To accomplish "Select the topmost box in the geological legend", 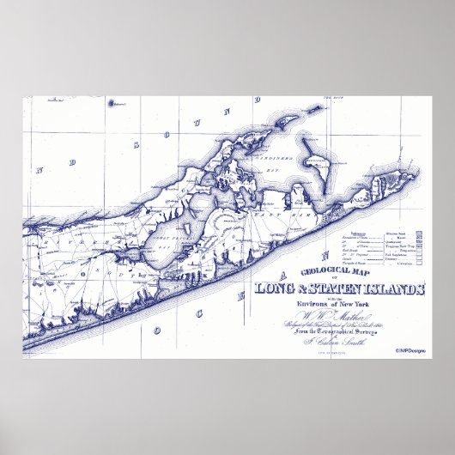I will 420,234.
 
